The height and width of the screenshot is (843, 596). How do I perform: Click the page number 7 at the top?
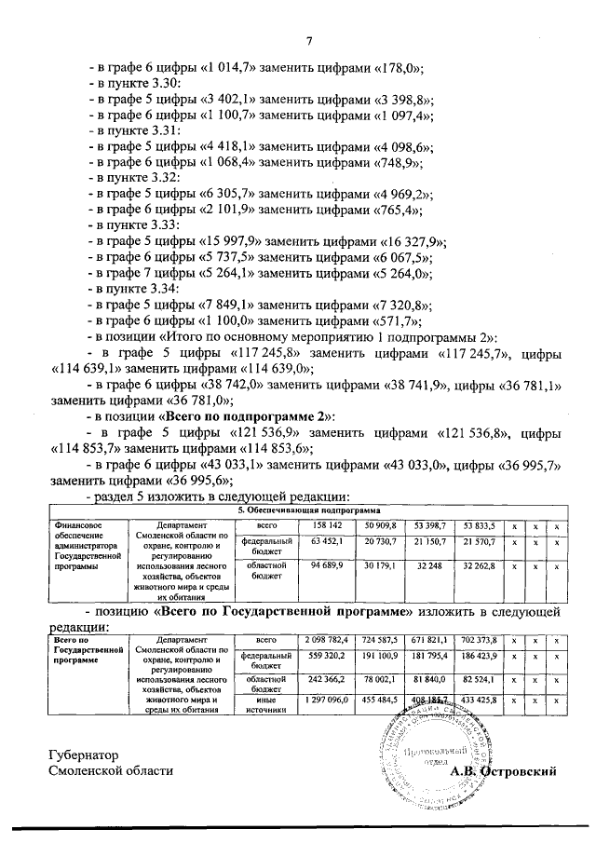pos(307,41)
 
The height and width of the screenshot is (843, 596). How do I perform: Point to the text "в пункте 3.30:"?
pos(141,84)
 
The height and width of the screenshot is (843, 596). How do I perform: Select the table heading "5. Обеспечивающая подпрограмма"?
pos(308,511)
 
